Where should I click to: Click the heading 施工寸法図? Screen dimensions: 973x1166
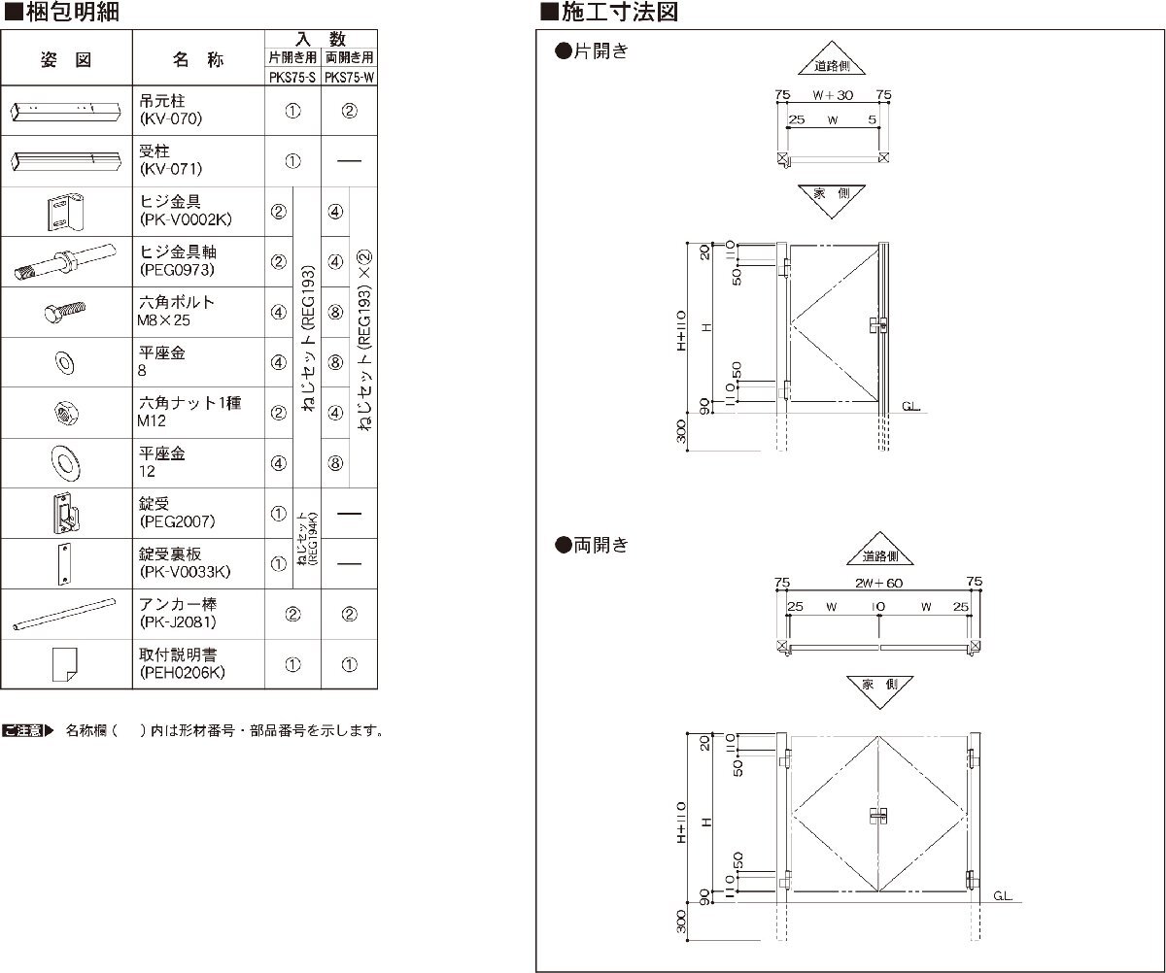point(618,14)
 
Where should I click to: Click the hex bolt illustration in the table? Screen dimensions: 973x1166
point(66,312)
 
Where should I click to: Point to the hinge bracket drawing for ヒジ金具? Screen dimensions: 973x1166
point(64,212)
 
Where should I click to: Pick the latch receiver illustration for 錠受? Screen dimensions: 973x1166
point(65,513)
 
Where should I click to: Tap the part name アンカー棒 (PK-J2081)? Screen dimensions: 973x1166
point(178,613)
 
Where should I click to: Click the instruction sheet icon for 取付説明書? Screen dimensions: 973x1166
point(65,663)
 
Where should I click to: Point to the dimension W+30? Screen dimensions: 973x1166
point(832,94)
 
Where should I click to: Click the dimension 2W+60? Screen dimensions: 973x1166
point(879,583)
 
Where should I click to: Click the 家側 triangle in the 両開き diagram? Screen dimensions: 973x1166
point(879,685)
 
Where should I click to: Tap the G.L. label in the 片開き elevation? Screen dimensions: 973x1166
point(910,406)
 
